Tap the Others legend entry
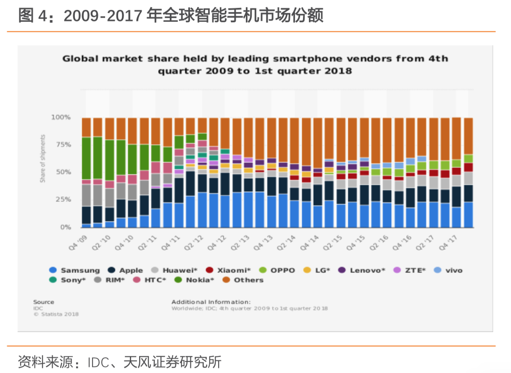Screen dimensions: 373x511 click(244, 280)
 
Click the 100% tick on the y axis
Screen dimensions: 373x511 click(61, 117)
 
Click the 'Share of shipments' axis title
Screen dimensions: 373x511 click(42, 158)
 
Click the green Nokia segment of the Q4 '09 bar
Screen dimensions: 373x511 click(87, 158)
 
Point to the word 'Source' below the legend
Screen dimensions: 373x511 click(43, 302)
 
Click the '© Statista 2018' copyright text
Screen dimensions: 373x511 click(56, 314)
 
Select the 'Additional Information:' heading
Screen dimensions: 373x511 click(211, 302)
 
